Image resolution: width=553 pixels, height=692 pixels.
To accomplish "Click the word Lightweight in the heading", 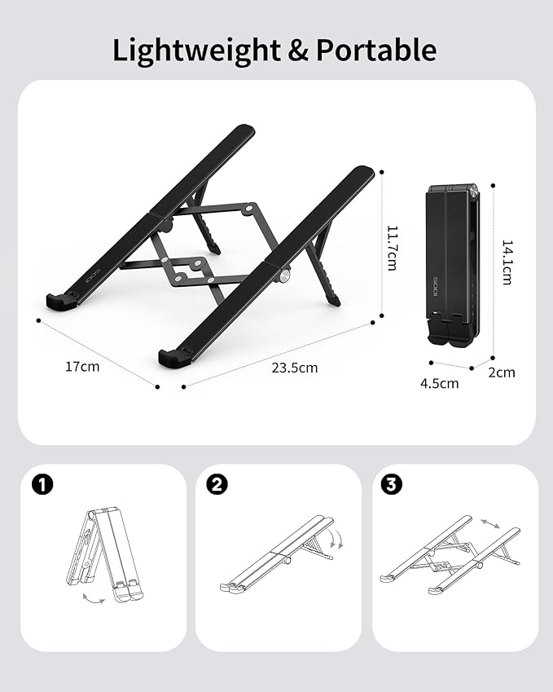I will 195,51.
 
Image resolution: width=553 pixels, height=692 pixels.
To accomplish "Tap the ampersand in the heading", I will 297,51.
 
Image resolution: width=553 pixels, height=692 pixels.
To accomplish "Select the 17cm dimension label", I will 82,367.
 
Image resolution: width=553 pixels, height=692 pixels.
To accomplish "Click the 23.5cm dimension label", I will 295,368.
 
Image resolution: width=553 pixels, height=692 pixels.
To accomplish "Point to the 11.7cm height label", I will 392,248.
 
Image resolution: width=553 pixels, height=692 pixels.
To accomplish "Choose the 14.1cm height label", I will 507,261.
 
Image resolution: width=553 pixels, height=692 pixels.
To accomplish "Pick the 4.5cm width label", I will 440,383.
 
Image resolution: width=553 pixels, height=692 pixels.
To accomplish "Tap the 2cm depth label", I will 502,372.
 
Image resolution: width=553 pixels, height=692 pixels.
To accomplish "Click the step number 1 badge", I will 42,485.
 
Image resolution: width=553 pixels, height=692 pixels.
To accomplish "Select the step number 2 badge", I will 217,485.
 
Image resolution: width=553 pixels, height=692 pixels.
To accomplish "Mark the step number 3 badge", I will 392,485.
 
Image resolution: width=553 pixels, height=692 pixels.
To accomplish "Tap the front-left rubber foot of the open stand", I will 61,302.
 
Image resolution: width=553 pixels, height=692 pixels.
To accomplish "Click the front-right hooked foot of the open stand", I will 173,357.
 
